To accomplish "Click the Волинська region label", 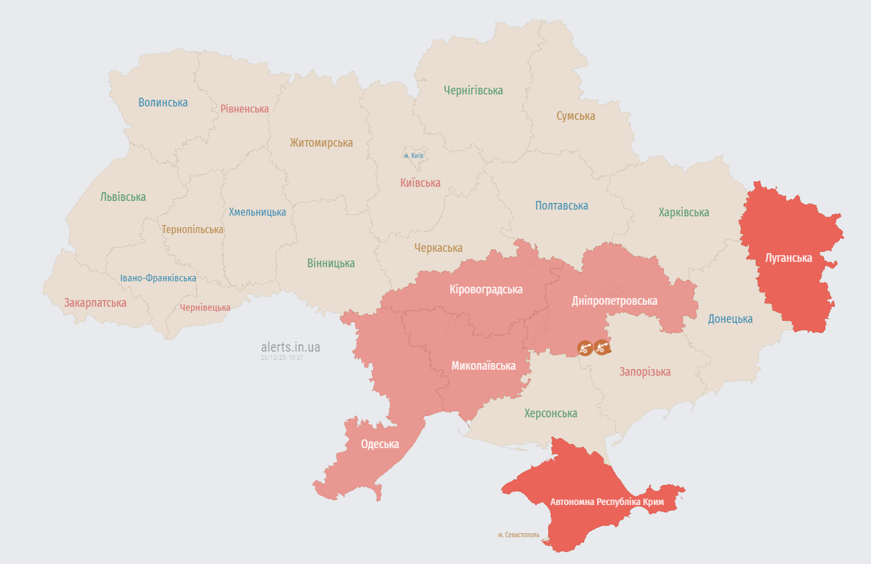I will click(163, 102).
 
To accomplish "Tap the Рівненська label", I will click(245, 109).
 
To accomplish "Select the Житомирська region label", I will click(321, 143).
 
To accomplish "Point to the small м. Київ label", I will click(413, 156).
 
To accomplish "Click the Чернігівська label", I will click(473, 90).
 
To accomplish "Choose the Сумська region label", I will click(576, 116).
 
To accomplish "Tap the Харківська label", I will click(683, 212).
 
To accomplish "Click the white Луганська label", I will click(789, 258).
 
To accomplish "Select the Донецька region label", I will click(730, 319).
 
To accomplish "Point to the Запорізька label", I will click(645, 372).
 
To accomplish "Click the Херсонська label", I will click(550, 413).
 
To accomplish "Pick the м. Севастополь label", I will click(519, 535).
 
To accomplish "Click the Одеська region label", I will click(380, 444).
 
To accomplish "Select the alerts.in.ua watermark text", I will click(290, 347).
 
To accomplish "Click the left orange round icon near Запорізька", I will click(585, 347).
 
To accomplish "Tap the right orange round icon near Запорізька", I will click(602, 347).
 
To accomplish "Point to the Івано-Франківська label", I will click(158, 278).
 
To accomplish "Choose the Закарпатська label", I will click(95, 303).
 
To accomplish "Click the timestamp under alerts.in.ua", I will click(282, 358).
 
